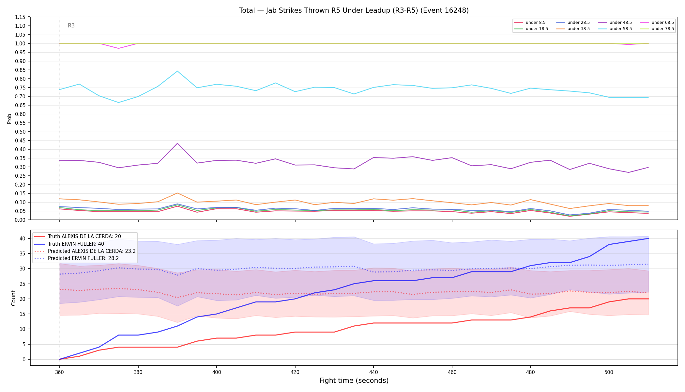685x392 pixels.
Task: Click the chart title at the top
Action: pos(354,10)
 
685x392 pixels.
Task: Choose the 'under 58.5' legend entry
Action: pos(615,29)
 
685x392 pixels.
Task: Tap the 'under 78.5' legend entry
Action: pos(657,29)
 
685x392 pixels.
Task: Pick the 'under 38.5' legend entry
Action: pos(573,29)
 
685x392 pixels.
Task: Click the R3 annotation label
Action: pos(71,25)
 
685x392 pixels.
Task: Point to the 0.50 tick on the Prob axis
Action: pos(21,132)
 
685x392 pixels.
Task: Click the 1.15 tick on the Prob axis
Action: pos(21,17)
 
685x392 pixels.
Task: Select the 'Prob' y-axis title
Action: pos(9,119)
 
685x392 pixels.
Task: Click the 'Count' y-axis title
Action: pos(13,298)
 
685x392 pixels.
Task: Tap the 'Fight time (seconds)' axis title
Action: pos(354,381)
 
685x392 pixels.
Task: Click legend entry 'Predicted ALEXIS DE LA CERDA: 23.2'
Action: pos(85,251)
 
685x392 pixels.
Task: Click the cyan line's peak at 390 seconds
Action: pos(177,71)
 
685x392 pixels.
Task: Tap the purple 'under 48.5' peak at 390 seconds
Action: pos(177,143)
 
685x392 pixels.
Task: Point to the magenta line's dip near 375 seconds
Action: pos(118,48)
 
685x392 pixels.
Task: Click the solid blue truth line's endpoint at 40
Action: pos(648,238)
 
